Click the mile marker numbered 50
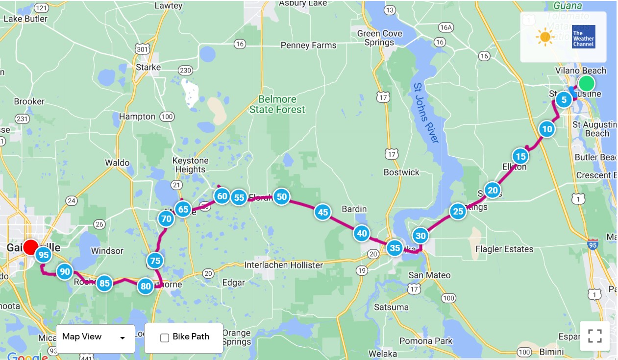[281, 197]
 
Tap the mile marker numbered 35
[395, 248]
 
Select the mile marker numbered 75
[155, 261]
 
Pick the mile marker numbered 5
[564, 100]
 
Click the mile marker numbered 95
[44, 255]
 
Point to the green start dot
[587, 83]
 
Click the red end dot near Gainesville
[31, 247]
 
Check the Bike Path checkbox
[165, 337]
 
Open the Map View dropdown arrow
[123, 338]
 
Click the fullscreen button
[594, 336]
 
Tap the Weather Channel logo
[583, 37]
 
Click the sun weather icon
[544, 37]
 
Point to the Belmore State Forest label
[277, 104]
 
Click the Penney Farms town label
[308, 46]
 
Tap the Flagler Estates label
[504, 249]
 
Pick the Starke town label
[148, 68]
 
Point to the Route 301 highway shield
[143, 49]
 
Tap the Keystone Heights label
[190, 165]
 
